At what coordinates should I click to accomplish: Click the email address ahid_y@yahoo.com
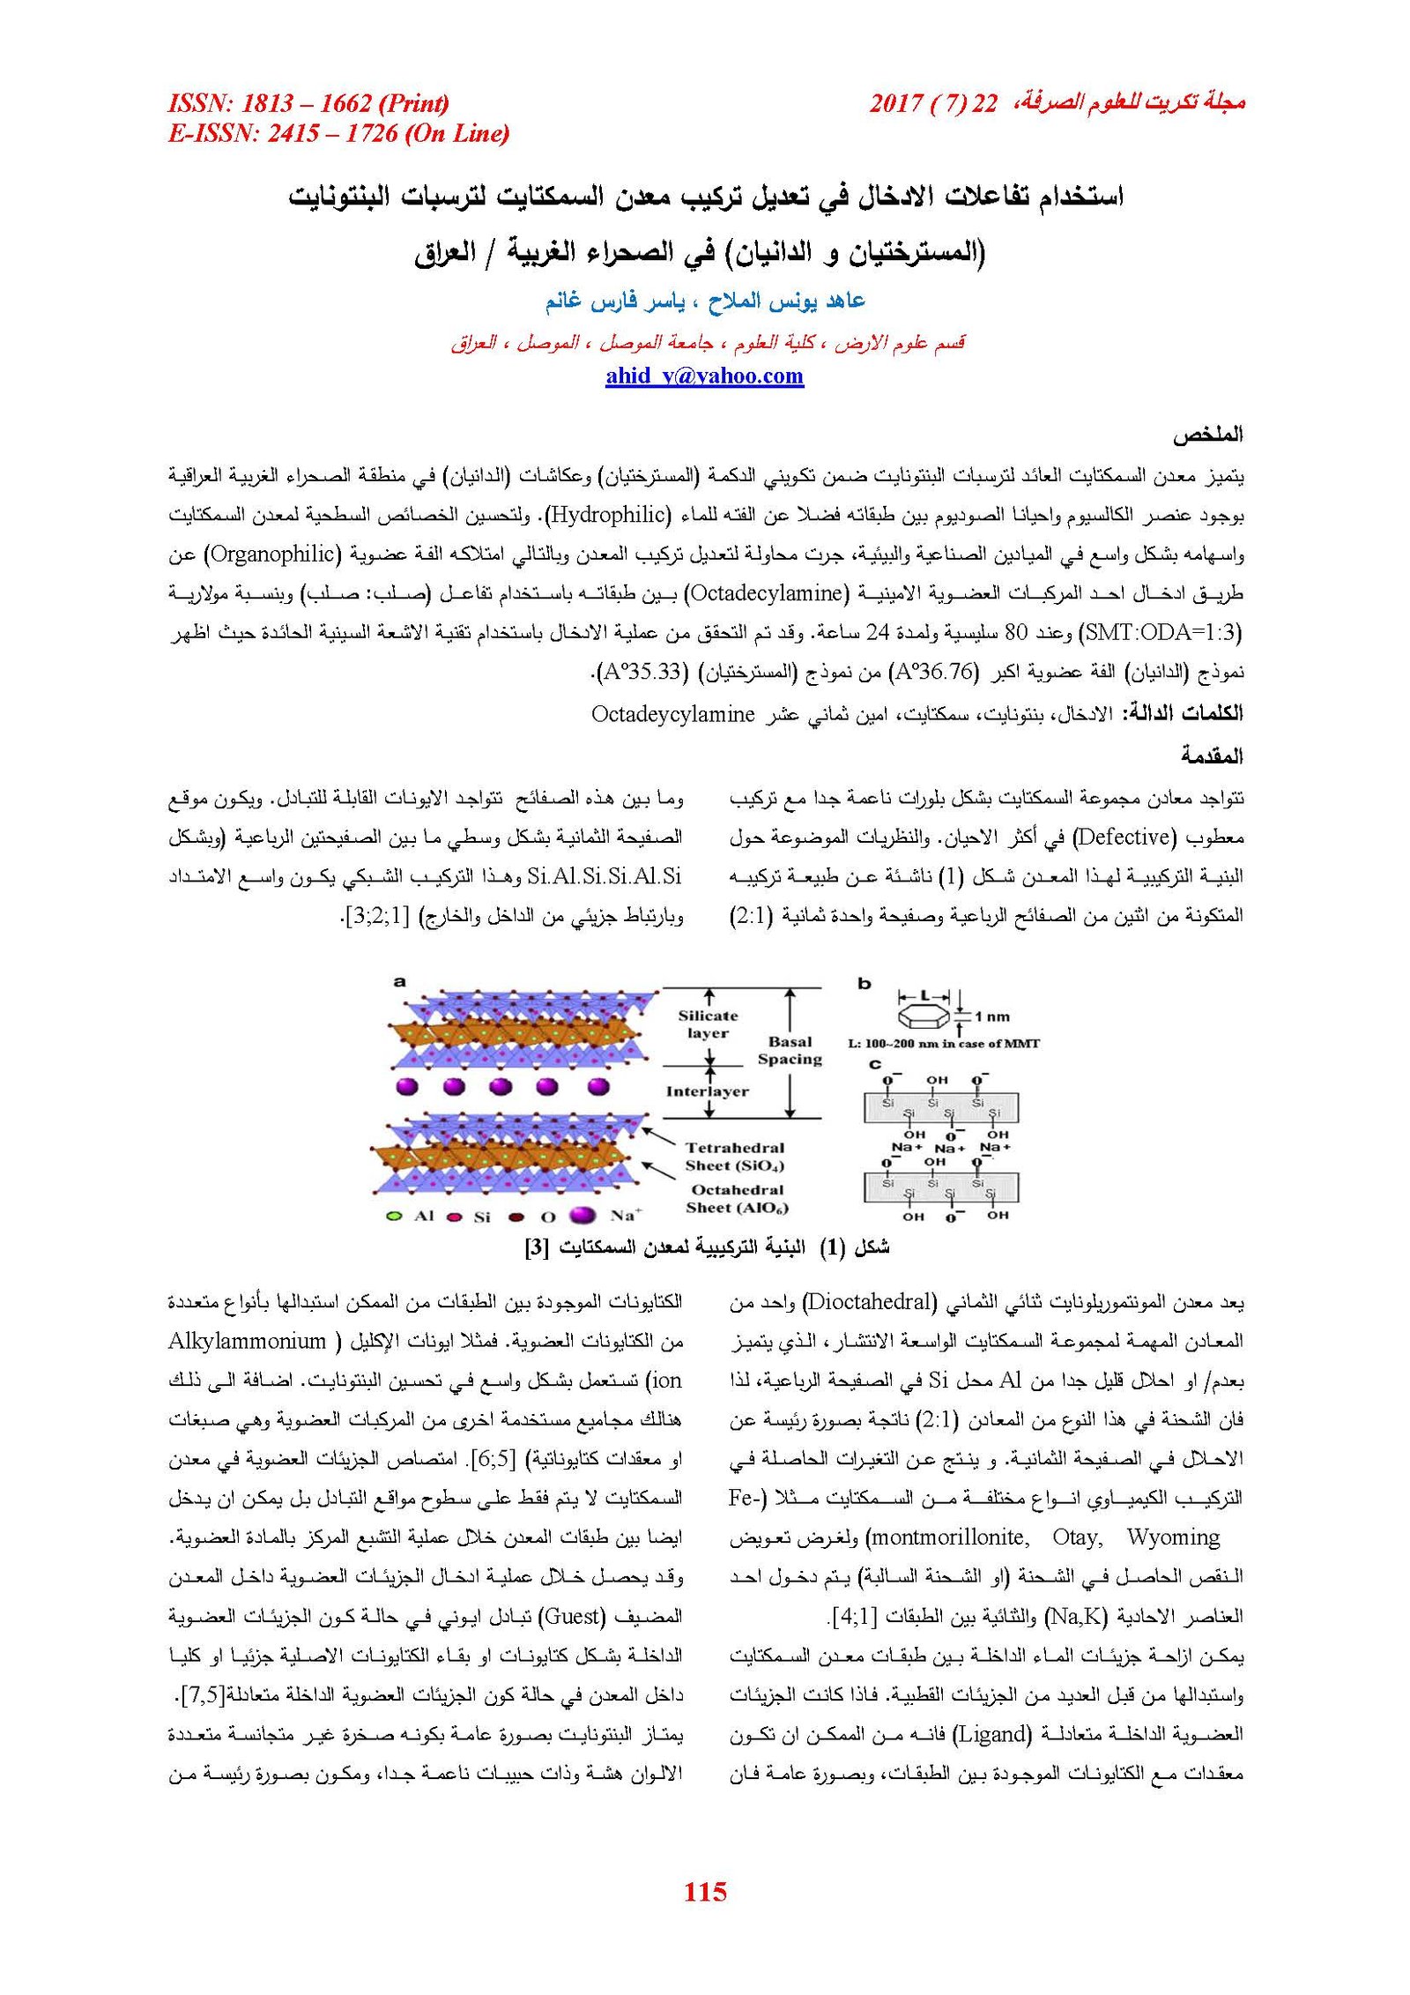(704, 376)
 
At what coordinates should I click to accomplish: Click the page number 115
(705, 1891)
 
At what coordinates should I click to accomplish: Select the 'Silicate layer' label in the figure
(708, 1024)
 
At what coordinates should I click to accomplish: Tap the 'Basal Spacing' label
(790, 1050)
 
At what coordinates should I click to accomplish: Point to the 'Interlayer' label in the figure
(707, 1091)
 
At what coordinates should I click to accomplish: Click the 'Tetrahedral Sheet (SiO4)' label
(735, 1156)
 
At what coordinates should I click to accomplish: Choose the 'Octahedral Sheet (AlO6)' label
(737, 1199)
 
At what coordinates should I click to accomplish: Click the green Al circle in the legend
(395, 1217)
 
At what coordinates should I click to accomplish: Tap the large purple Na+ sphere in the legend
(583, 1216)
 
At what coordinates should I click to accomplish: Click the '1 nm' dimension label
(992, 1016)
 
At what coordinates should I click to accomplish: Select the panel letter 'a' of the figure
(400, 981)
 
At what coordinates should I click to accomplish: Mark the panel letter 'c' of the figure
(874, 1064)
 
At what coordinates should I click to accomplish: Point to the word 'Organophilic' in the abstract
(272, 554)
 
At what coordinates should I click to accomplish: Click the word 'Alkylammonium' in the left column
(248, 1341)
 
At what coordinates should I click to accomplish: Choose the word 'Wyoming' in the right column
(1173, 1537)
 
